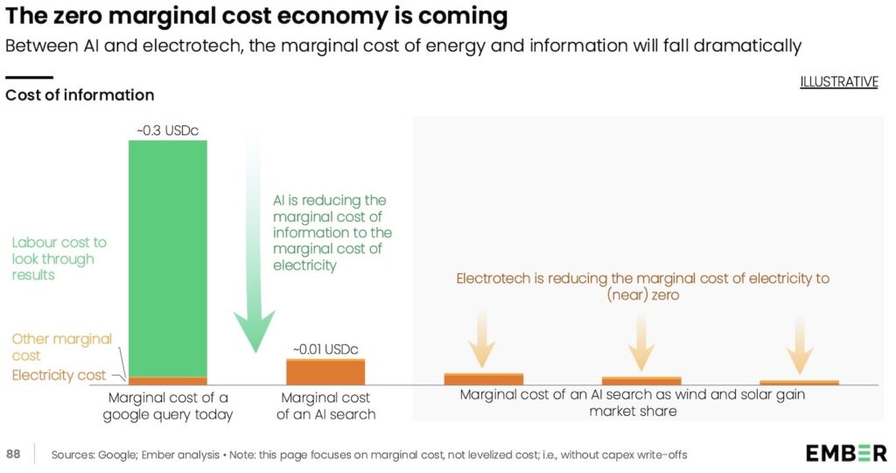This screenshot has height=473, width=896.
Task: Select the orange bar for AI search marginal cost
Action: (325, 371)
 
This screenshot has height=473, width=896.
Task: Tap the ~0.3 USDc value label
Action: (167, 131)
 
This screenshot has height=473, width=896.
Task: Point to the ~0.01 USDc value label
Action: (325, 349)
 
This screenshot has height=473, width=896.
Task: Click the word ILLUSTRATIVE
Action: (838, 81)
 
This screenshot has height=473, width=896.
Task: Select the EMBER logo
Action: (845, 453)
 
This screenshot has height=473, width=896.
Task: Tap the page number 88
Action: (14, 454)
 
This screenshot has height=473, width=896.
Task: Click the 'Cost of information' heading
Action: (80, 95)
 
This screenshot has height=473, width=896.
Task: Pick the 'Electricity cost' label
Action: (59, 375)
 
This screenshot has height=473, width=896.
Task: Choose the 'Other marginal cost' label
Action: (62, 347)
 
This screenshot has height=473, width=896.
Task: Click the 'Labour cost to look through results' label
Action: (59, 258)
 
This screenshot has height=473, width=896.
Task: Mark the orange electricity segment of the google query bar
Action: (167, 381)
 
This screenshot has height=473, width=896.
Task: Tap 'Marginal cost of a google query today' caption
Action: (167, 405)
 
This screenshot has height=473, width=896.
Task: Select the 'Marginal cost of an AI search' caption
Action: (325, 405)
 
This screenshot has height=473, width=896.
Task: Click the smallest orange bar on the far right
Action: (799, 382)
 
